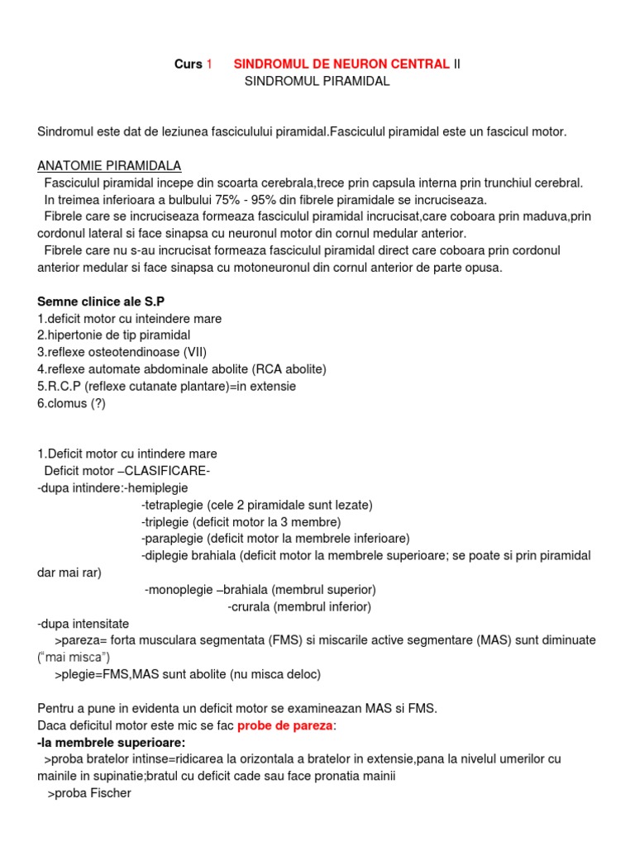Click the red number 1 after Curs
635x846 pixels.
click(209, 64)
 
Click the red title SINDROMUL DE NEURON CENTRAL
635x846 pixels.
click(341, 64)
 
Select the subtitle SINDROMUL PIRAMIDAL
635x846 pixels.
click(317, 82)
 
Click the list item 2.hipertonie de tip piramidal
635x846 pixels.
click(114, 335)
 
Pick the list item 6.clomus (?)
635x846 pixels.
click(72, 403)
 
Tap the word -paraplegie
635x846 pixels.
click(169, 539)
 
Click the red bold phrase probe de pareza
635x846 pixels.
click(284, 725)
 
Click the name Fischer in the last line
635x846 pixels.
click(110, 793)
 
